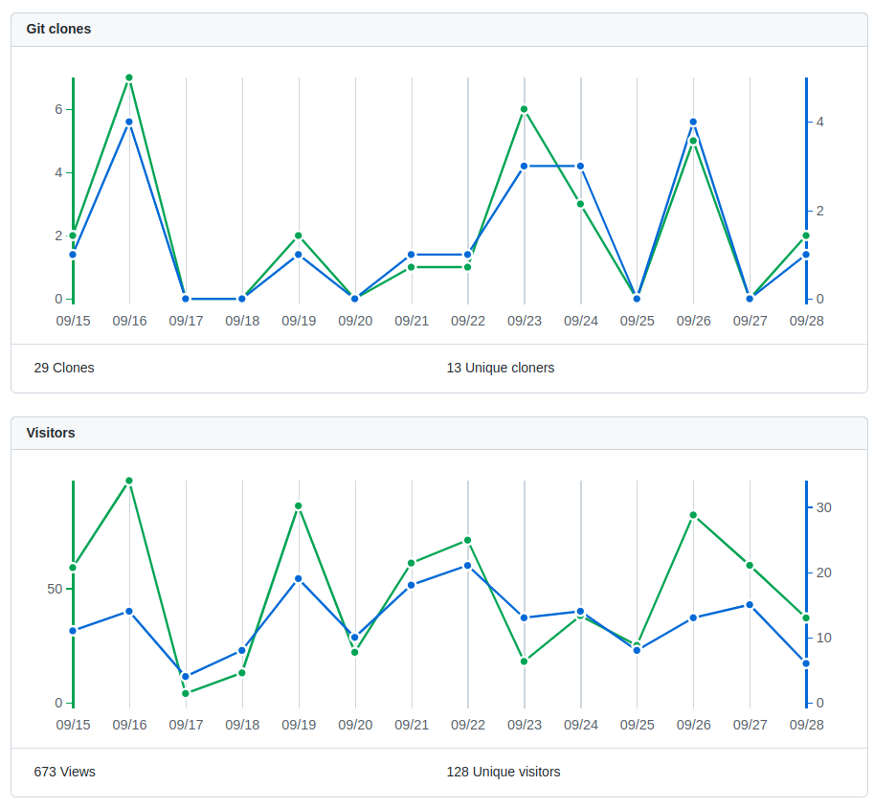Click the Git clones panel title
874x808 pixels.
pyautogui.click(x=58, y=29)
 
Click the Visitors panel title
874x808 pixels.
pyautogui.click(x=51, y=433)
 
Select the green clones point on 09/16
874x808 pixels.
pyautogui.click(x=129, y=79)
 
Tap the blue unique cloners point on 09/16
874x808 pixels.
pyautogui.click(x=129, y=122)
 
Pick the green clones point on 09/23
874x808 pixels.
pyautogui.click(x=524, y=109)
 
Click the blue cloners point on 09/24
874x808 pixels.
pyautogui.click(x=580, y=167)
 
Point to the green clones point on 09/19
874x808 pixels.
pyautogui.click(x=299, y=236)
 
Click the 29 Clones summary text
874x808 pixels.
pyautogui.click(x=64, y=368)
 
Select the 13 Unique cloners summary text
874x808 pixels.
pyautogui.click(x=501, y=368)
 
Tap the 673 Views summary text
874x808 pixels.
pyautogui.click(x=65, y=772)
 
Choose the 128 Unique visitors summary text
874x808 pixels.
pyautogui.click(x=504, y=772)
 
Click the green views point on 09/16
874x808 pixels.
pyautogui.click(x=129, y=481)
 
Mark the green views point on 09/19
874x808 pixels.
pyautogui.click(x=299, y=506)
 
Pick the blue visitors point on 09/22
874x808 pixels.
pyautogui.click(x=468, y=566)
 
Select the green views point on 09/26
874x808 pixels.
pyautogui.click(x=693, y=515)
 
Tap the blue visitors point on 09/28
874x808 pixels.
pyautogui.click(x=806, y=663)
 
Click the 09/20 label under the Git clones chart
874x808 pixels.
pyautogui.click(x=355, y=322)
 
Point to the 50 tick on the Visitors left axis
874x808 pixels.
pyautogui.click(x=55, y=589)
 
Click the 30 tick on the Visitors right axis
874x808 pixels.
pyautogui.click(x=824, y=507)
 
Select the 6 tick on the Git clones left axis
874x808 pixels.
pyautogui.click(x=58, y=109)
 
